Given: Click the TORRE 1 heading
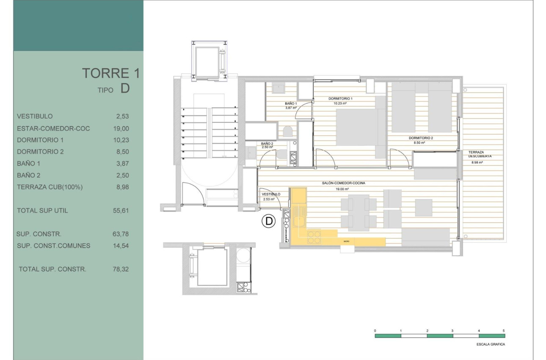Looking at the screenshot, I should pyautogui.click(x=110, y=73).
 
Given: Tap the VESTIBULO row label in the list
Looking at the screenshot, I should pyautogui.click(x=35, y=116).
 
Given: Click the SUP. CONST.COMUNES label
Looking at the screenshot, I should pyautogui.click(x=53, y=246).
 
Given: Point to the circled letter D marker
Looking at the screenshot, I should pyautogui.click(x=268, y=221).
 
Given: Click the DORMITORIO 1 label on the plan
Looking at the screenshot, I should pyautogui.click(x=340, y=99).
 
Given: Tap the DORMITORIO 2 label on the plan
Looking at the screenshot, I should pyautogui.click(x=421, y=138).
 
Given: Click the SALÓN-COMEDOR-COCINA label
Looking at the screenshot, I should pyautogui.click(x=343, y=183).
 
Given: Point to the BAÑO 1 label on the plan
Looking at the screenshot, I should pyautogui.click(x=290, y=104).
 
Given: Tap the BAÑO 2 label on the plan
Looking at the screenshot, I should pyautogui.click(x=267, y=144).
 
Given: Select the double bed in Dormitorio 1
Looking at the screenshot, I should pyautogui.click(x=358, y=127).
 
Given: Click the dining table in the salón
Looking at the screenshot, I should pyautogui.click(x=358, y=213).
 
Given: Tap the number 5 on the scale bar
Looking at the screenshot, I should pyautogui.click(x=504, y=330).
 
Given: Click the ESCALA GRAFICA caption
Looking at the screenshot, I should pyautogui.click(x=490, y=344).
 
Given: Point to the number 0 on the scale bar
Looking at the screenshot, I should pyautogui.click(x=375, y=330).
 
